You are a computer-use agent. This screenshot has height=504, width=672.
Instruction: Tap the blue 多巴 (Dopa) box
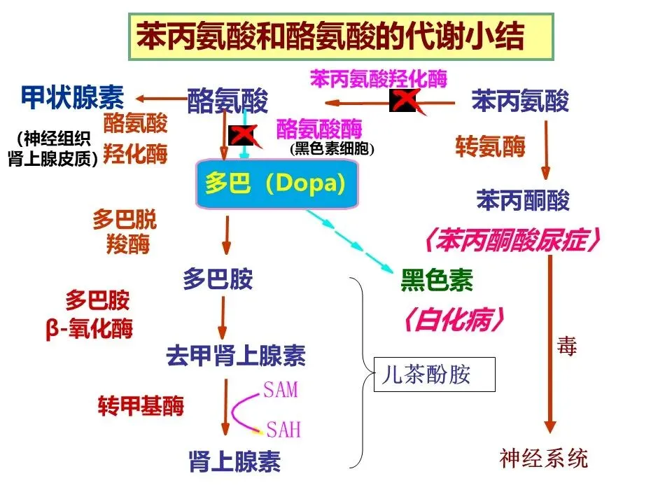(x=277, y=184)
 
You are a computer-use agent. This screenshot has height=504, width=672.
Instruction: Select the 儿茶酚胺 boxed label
(x=434, y=374)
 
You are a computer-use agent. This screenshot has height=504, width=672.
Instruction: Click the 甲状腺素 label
(x=71, y=98)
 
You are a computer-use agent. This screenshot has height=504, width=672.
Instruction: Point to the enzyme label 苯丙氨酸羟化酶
(x=378, y=78)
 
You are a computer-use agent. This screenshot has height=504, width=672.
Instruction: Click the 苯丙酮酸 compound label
(x=523, y=201)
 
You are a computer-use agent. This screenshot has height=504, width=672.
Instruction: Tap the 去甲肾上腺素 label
(x=236, y=356)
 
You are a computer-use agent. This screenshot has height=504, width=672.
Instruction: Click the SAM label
(x=281, y=389)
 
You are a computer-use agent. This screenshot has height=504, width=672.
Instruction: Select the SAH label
(x=283, y=428)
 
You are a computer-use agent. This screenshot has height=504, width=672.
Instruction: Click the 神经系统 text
(x=544, y=458)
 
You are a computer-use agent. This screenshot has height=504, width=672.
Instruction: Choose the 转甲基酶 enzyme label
(x=140, y=405)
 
